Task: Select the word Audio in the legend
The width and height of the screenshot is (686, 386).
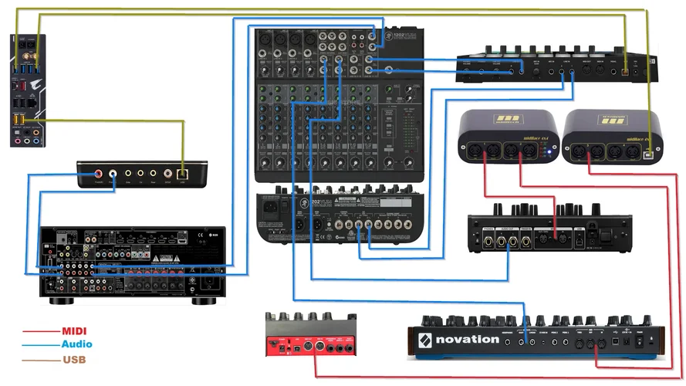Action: [77, 344]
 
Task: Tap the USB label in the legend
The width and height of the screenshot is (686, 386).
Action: [74, 359]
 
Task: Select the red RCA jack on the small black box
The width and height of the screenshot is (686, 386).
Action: [99, 175]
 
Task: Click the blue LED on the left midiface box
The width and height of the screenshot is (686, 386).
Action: [549, 152]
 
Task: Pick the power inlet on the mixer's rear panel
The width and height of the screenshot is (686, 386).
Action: [271, 208]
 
